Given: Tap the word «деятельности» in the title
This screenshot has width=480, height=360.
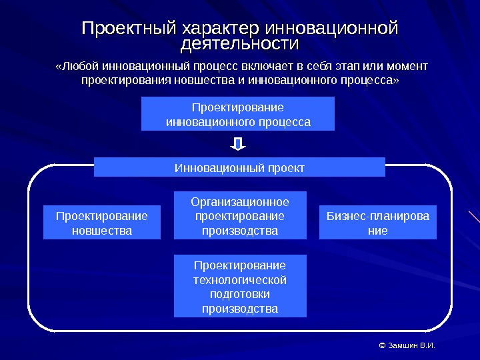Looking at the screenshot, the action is point(240,45).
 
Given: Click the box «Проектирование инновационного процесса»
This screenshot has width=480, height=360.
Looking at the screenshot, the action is point(238,114).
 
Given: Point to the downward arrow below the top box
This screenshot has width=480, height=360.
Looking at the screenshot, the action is point(239,144).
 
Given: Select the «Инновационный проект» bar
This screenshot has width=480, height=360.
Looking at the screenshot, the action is point(239,167).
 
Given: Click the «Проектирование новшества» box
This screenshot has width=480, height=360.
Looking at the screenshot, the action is point(102,223).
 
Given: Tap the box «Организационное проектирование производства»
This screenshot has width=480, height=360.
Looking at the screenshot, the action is point(240,216).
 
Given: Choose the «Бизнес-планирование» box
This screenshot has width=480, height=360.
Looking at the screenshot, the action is point(378,223).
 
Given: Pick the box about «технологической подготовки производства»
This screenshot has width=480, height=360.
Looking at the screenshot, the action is point(240,286).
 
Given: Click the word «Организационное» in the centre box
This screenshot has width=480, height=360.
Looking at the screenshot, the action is point(240,201).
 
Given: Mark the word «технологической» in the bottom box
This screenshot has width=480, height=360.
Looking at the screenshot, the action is point(240,279).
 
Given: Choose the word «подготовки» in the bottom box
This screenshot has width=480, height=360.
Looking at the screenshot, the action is point(240,294).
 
